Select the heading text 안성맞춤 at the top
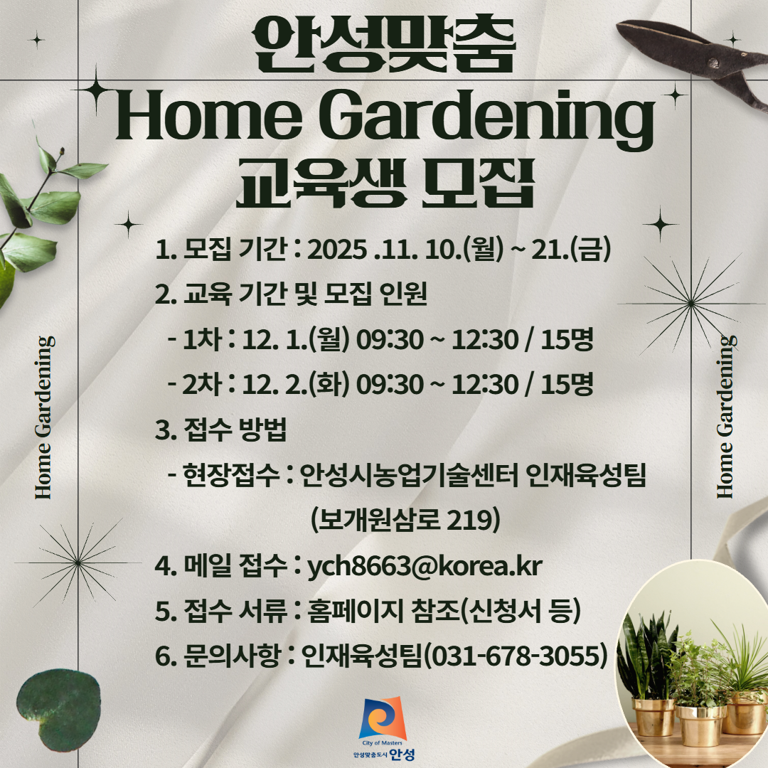click(384, 46)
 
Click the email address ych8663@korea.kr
click(425, 567)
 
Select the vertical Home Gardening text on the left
click(44, 417)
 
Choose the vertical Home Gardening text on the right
click(725, 417)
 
